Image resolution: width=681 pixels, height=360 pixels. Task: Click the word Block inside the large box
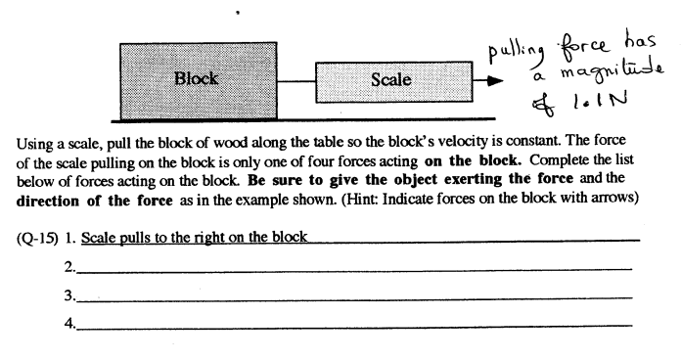point(196,78)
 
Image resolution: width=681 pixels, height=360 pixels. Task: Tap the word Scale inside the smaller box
point(391,79)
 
